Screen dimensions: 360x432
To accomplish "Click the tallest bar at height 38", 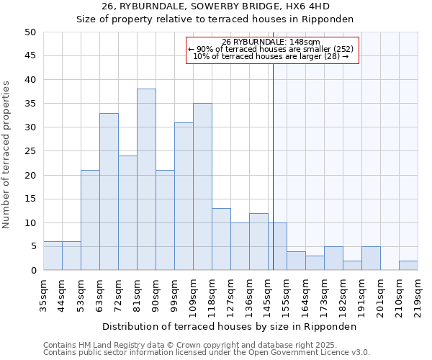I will [x=146, y=179].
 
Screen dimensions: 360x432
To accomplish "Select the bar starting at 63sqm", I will [x=109, y=192].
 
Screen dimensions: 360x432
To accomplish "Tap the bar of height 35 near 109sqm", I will [x=202, y=186].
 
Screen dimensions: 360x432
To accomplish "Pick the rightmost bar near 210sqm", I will [x=408, y=265].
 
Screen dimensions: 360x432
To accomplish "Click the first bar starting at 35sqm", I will [x=53, y=256].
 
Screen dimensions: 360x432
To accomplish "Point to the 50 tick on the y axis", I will [x=30, y=32].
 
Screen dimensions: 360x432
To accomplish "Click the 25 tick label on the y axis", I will [x=30, y=151].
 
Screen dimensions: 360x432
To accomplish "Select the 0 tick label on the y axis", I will [x=33, y=271].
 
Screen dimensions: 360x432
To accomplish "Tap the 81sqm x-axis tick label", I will [x=137, y=293].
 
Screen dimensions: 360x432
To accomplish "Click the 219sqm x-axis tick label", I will [x=418, y=296].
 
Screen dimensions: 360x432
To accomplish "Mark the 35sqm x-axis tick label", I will [x=43, y=293].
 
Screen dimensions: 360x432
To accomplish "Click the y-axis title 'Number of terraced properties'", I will [x=7, y=155].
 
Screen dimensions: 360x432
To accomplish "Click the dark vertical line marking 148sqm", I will [x=274, y=166].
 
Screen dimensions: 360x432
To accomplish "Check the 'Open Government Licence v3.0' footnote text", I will [x=302, y=353].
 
